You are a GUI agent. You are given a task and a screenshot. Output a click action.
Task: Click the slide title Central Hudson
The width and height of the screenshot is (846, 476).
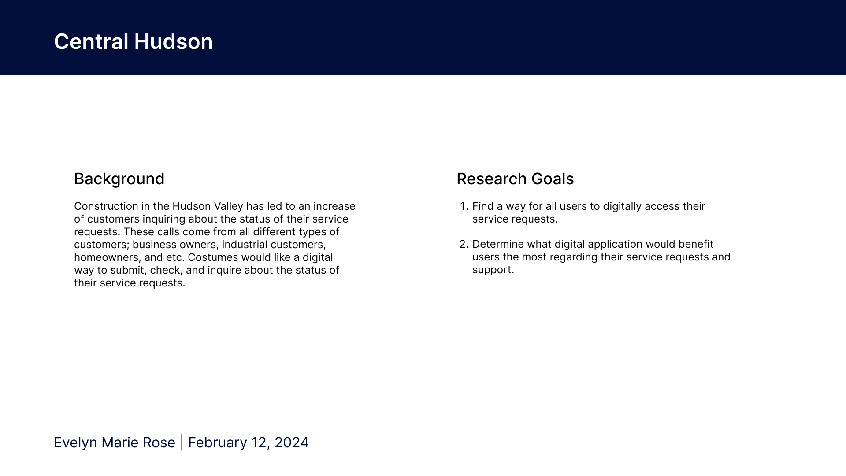click(x=133, y=42)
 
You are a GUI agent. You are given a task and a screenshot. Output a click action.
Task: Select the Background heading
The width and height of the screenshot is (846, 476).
click(x=119, y=179)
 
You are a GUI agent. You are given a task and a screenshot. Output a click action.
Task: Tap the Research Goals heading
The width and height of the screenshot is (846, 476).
click(x=515, y=179)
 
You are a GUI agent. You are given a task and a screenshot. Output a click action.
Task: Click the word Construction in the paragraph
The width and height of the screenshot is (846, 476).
click(x=106, y=206)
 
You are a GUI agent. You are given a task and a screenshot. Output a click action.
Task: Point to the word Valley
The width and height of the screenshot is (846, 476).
click(x=228, y=206)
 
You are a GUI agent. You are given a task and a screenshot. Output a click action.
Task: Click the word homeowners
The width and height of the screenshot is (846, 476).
click(x=108, y=257)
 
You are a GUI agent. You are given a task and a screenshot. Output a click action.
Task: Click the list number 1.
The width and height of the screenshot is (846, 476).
click(x=463, y=206)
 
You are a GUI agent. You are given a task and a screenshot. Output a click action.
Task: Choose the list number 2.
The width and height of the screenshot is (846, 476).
click(x=464, y=244)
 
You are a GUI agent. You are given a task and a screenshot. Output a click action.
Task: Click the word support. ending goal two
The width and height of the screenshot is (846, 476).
click(x=493, y=270)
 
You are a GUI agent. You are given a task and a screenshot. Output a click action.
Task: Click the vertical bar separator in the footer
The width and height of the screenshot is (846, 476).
click(x=182, y=443)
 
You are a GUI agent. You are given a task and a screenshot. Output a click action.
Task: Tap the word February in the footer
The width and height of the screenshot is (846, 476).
click(x=218, y=443)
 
